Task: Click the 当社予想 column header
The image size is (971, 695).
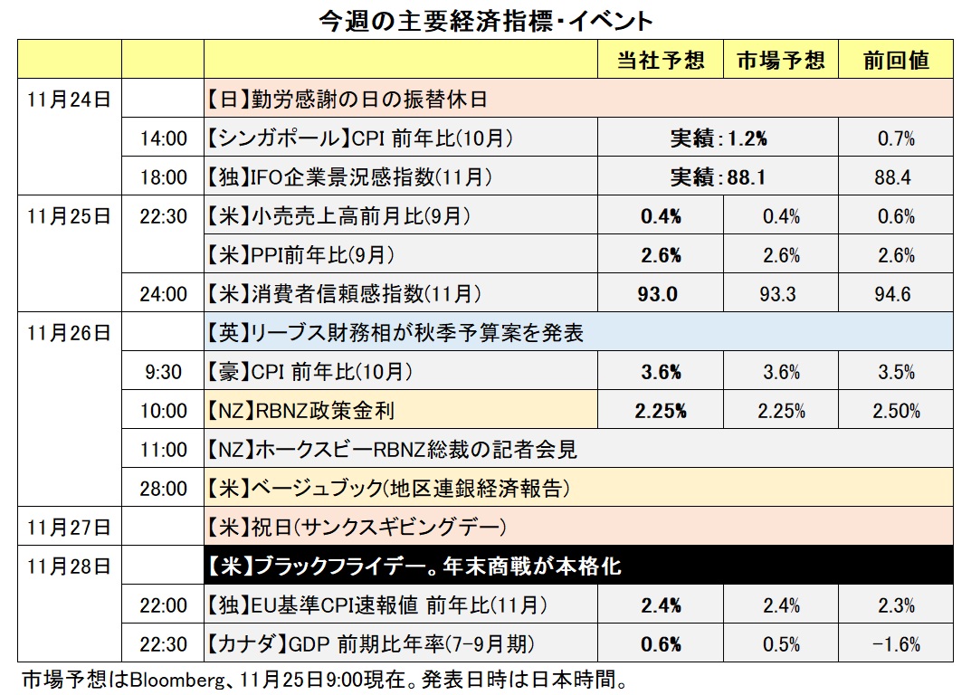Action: (x=661, y=60)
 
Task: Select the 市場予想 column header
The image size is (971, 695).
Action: (x=781, y=60)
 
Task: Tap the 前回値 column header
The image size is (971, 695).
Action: (x=896, y=60)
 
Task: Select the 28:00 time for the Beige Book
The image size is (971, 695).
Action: (x=163, y=489)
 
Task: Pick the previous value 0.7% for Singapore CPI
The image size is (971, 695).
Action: (x=894, y=138)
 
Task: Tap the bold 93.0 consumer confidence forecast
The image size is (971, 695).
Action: (x=660, y=294)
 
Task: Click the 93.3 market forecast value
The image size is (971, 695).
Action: (x=781, y=294)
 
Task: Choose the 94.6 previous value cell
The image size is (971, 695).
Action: (x=894, y=294)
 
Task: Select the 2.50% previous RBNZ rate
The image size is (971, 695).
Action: (x=896, y=411)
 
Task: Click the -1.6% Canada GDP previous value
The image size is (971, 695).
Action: (x=896, y=644)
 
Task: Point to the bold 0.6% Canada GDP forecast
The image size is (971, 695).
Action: (x=660, y=644)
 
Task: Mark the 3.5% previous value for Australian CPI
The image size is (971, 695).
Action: (x=896, y=372)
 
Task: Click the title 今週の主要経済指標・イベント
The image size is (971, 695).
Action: (x=486, y=20)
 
